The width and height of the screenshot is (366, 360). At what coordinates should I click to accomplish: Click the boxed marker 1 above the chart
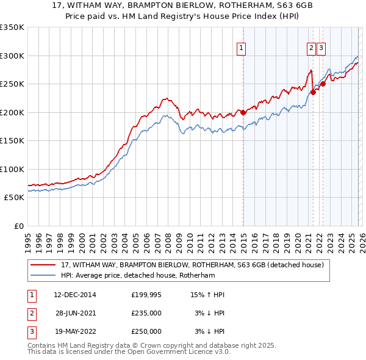(242, 49)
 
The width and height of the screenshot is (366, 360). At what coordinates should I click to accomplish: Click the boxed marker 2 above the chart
(311, 49)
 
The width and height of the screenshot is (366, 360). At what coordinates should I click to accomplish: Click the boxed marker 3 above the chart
(321, 49)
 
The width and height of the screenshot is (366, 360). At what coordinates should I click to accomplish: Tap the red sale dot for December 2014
(243, 112)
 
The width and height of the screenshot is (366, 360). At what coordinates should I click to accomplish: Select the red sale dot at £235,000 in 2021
(313, 93)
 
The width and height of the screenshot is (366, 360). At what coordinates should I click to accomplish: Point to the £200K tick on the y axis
(12, 112)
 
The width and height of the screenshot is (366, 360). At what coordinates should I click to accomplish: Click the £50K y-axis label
(14, 198)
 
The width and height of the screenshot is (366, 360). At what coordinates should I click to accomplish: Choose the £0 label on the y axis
(19, 226)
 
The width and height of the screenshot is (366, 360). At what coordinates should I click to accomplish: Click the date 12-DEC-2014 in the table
(75, 295)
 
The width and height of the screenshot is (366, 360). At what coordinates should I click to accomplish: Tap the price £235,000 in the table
(146, 313)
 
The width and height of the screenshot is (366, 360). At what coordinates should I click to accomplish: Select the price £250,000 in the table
(146, 331)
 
